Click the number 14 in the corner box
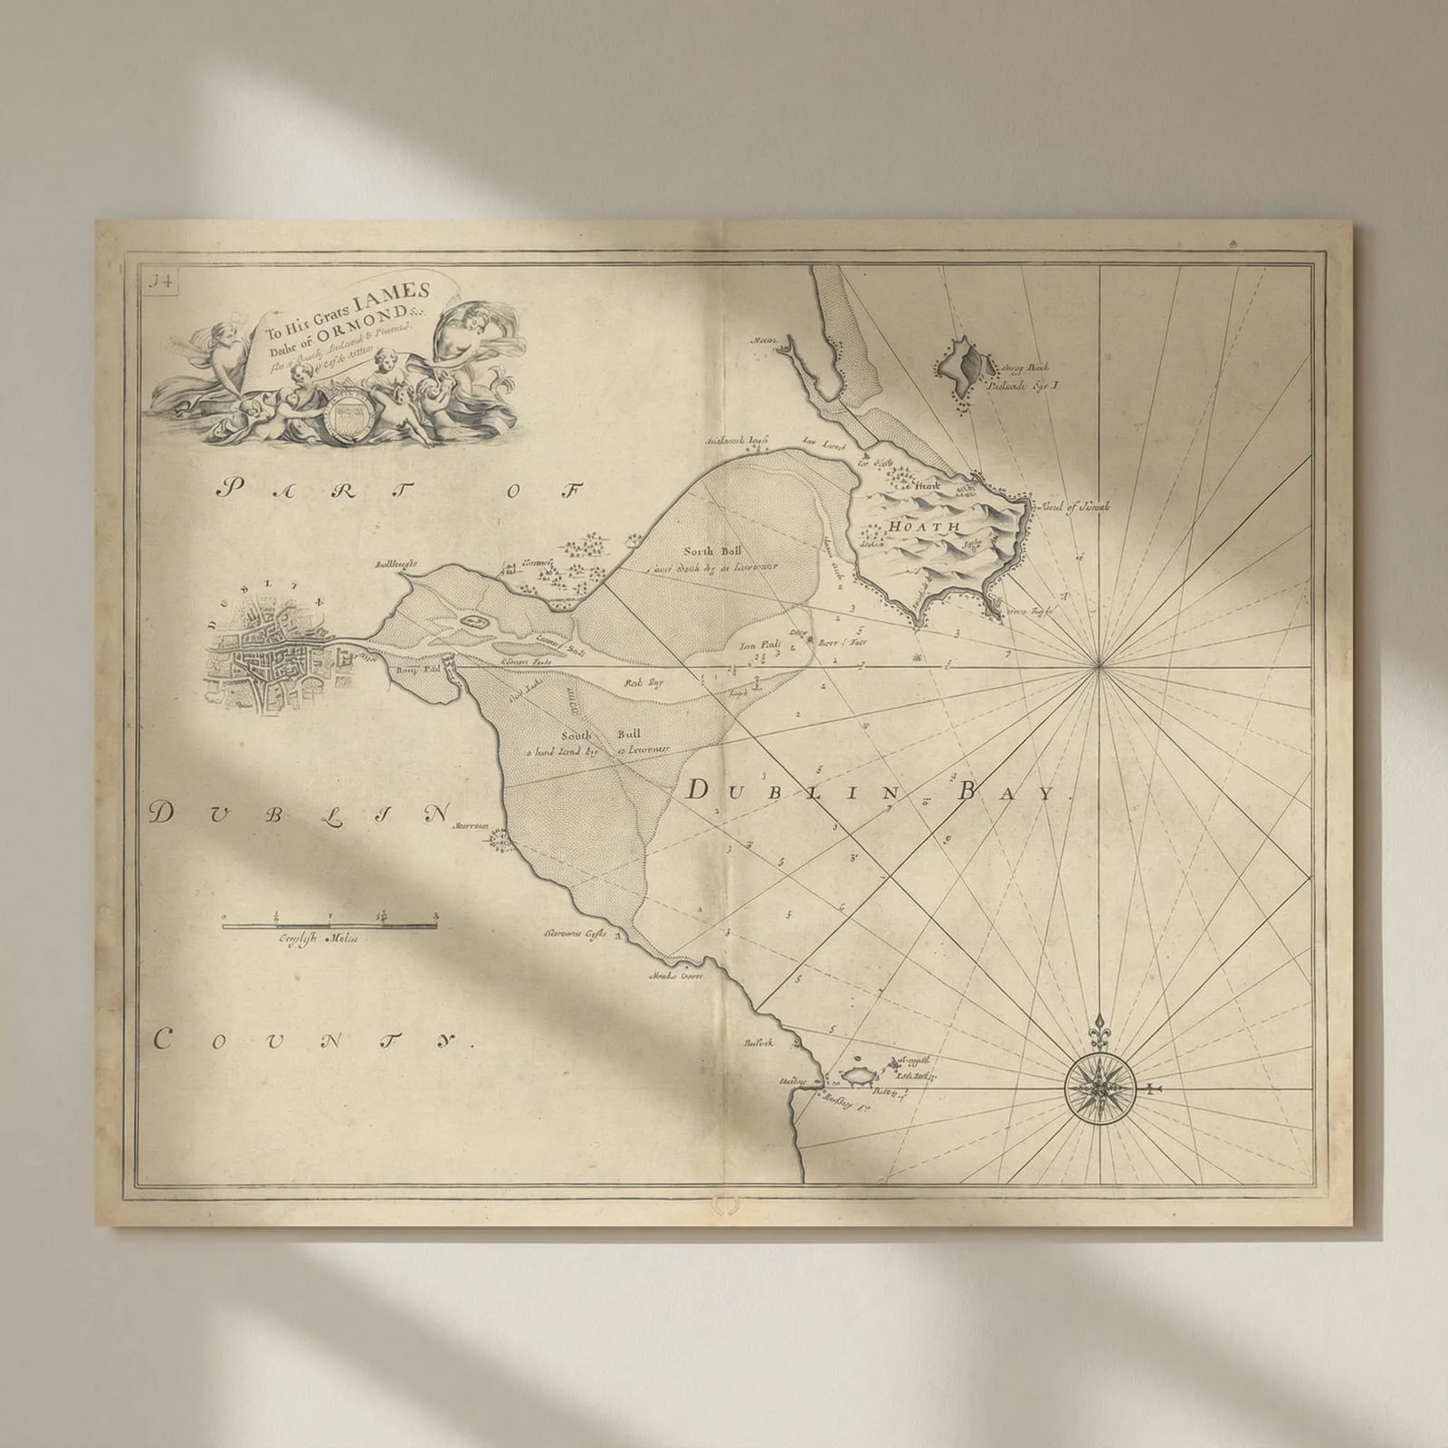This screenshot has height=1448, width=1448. [167, 281]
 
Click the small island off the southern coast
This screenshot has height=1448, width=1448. [855, 1080]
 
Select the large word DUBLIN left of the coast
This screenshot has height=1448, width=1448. [300, 814]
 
